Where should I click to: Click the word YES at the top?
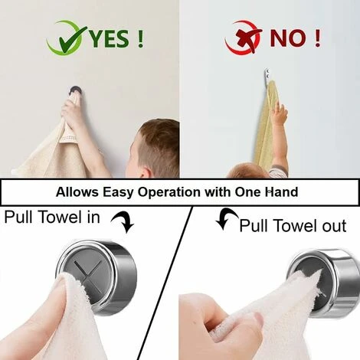pos(110,39)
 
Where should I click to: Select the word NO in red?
pos(288,38)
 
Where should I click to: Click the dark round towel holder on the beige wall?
pos(76,90)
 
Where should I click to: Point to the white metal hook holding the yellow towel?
pos(267,76)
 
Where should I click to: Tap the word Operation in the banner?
pos(169,192)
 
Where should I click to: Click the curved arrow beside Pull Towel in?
pos(123,222)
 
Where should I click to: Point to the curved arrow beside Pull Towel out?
pos(227,218)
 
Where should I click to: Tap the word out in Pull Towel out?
pos(334,226)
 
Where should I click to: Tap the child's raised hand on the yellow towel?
pos(279,113)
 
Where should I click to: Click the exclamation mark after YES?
pos(140,39)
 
